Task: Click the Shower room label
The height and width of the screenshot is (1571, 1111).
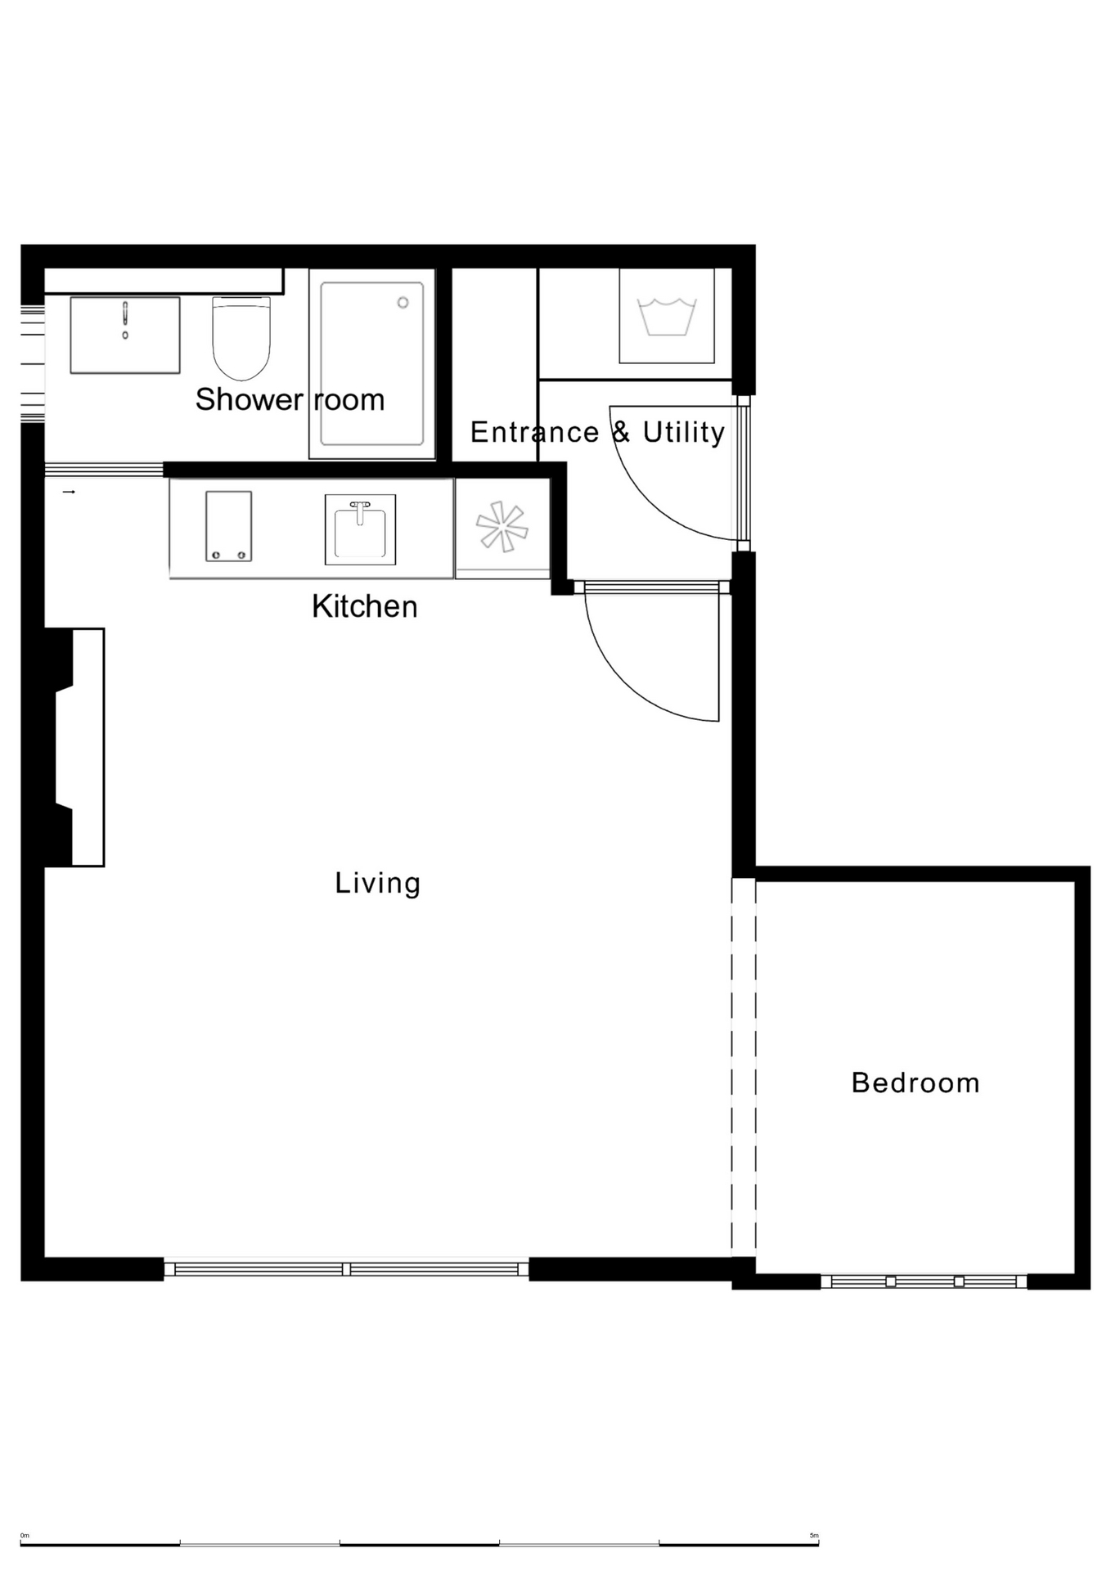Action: tap(290, 400)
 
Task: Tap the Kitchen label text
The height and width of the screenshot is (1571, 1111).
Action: tap(365, 607)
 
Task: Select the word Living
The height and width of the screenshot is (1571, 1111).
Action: tap(378, 884)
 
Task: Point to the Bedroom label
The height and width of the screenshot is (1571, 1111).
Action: tap(915, 1083)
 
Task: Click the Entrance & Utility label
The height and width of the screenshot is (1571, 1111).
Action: tap(597, 432)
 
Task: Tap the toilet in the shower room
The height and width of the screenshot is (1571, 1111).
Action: tap(241, 338)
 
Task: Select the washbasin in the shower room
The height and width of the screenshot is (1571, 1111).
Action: tap(125, 335)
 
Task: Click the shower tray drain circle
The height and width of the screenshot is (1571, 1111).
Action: tap(403, 303)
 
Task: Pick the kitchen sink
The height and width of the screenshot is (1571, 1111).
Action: tap(360, 529)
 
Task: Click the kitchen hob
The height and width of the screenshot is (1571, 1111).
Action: tap(228, 526)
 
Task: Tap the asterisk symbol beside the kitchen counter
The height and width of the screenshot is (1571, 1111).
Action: tap(502, 527)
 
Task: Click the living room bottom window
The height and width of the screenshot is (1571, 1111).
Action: tap(346, 1269)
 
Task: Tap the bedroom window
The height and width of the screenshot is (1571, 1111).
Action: tap(924, 1281)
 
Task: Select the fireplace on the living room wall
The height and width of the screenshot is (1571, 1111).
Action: tap(74, 747)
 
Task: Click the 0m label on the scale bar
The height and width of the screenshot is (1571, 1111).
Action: tap(25, 1536)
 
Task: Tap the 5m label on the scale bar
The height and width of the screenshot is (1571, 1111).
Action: tap(814, 1536)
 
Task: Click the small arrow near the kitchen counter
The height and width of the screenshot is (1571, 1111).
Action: tap(69, 492)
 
